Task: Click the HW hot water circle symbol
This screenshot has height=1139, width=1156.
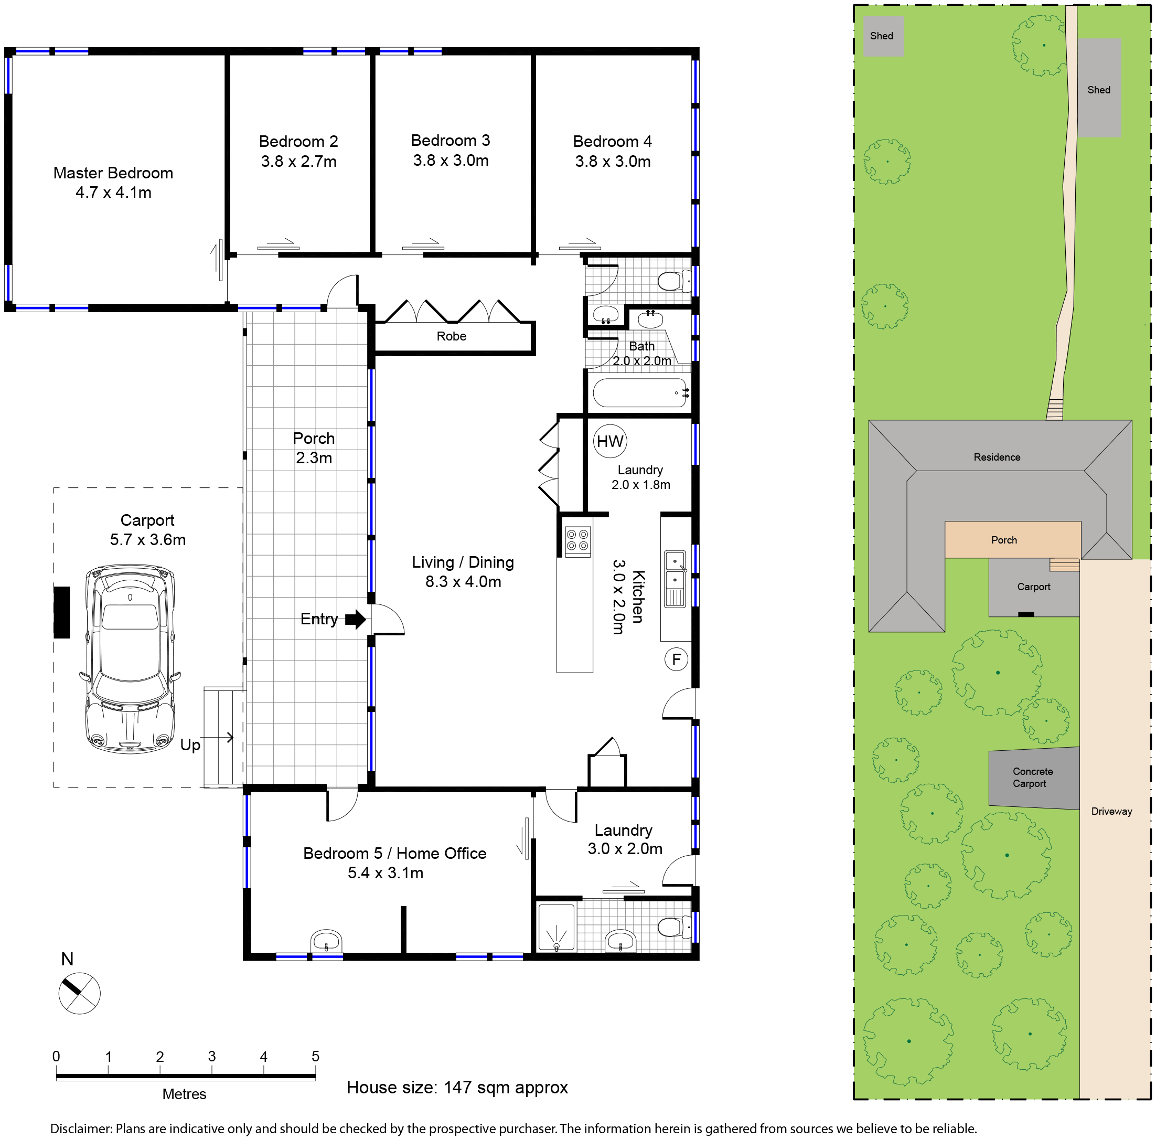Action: click(x=609, y=441)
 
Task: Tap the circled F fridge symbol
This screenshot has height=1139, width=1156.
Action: click(x=677, y=660)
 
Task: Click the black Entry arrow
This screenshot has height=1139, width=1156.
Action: click(x=355, y=619)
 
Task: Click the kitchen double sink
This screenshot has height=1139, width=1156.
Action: click(x=675, y=579)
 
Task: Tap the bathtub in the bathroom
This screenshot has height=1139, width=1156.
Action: click(x=640, y=393)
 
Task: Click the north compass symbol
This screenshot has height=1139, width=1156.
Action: click(x=79, y=993)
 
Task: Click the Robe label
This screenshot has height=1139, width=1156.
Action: click(x=452, y=336)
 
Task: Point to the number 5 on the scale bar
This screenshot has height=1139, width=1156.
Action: click(x=315, y=1057)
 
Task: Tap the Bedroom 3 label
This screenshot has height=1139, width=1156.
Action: click(x=451, y=150)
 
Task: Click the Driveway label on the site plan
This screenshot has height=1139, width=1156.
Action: click(x=1111, y=811)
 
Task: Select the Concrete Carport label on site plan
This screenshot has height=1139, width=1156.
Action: click(x=1032, y=778)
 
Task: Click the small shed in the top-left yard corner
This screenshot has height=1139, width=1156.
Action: click(x=883, y=37)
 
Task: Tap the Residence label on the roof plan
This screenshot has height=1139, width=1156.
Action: click(x=997, y=457)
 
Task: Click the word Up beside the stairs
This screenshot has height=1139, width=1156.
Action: click(x=190, y=746)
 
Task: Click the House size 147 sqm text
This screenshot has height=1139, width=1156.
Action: click(x=457, y=1087)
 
